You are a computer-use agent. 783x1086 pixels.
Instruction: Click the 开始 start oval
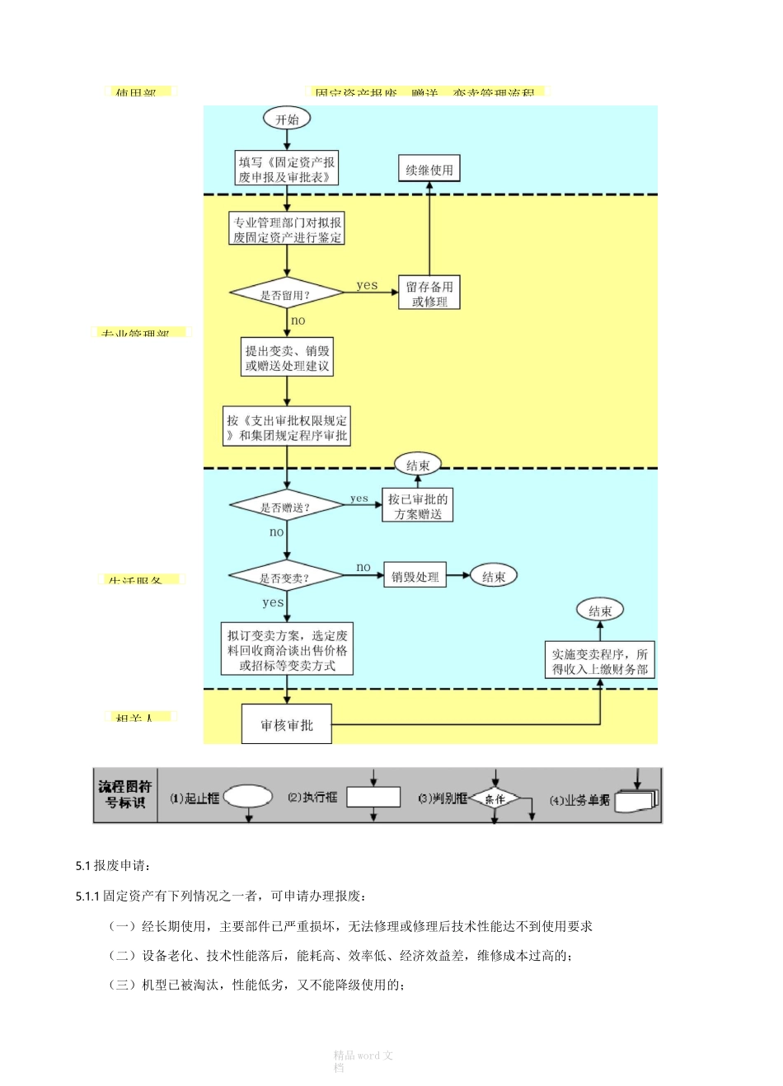point(287,119)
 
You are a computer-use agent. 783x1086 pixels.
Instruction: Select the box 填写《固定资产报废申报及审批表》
point(287,169)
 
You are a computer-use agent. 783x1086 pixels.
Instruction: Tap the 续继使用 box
point(429,169)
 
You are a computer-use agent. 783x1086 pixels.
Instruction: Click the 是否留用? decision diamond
point(286,294)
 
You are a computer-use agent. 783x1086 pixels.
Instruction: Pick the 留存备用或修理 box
point(429,293)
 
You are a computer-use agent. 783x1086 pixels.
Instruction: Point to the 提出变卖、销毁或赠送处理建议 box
point(287,358)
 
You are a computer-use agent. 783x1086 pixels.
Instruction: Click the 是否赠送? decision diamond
point(286,507)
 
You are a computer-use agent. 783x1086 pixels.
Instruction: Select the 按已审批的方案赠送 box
point(418,506)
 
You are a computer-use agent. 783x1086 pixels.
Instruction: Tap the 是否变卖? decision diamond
point(285,577)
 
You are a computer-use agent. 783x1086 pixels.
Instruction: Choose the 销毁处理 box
point(415,577)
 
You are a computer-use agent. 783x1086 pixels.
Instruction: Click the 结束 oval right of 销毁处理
point(494,577)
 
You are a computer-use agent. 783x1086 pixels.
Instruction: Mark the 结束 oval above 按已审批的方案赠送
point(418,465)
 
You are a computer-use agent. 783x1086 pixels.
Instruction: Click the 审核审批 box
point(287,724)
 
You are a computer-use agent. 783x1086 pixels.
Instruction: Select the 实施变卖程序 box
point(600,661)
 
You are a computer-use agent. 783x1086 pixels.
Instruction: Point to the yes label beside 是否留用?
point(367,285)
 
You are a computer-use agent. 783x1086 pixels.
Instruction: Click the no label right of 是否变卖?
point(363,567)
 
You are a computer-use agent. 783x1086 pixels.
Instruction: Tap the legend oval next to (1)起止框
point(248,796)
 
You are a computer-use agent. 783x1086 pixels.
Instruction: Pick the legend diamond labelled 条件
point(495,798)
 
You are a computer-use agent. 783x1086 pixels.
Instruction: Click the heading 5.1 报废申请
point(113,865)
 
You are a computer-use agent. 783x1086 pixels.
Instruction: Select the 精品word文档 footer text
point(363,1060)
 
